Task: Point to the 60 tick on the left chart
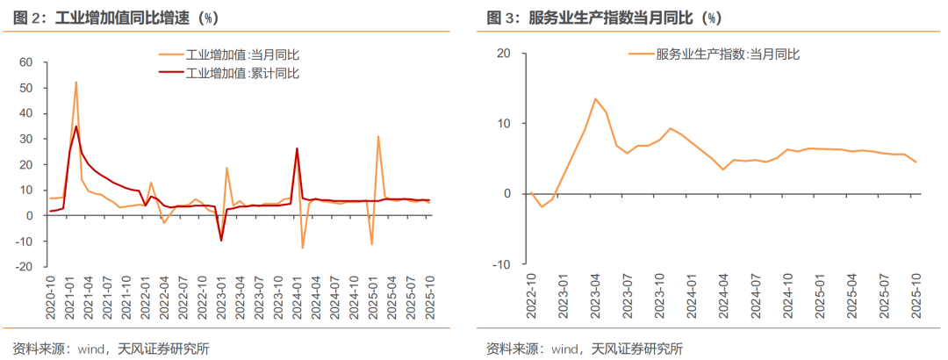pos(25,62)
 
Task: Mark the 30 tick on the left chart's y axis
pos(25,139)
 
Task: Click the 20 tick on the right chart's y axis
pos(503,54)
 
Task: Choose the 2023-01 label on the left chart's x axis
pos(222,299)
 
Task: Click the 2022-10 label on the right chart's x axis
pos(530,299)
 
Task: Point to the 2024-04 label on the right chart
pos(723,299)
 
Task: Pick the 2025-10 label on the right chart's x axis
pos(916,299)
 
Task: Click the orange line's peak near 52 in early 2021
pos(76,83)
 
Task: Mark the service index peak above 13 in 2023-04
pos(595,99)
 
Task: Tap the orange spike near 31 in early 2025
pos(378,136)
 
